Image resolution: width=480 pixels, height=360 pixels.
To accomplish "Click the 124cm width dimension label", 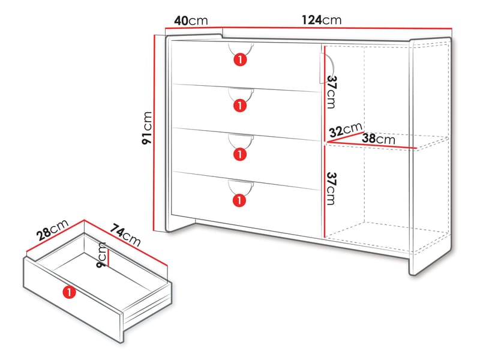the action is point(322,20).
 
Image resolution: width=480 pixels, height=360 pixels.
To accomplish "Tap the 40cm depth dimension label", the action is point(191,21).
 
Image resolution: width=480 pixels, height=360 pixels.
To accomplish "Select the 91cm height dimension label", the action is point(147,128).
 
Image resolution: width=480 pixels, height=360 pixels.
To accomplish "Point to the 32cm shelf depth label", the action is point(346,130).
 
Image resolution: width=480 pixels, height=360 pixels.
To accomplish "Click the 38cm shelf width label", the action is point(379,139).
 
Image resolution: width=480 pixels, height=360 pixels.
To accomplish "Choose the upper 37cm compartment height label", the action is point(331,92).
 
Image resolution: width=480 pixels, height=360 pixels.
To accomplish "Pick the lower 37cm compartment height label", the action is point(331,188).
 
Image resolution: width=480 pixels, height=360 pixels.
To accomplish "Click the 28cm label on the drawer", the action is point(52,230).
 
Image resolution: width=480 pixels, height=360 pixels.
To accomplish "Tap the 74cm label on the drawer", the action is point(125,235).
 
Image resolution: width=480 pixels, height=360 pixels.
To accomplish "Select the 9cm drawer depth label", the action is point(101,254).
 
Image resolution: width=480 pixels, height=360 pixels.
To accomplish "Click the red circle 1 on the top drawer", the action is point(240,59).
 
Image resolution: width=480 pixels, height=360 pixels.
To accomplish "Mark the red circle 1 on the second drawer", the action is point(240,106).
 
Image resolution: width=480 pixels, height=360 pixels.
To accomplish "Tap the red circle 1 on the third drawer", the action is point(240,154).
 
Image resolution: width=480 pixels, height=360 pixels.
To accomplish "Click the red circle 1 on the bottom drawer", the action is point(239,200).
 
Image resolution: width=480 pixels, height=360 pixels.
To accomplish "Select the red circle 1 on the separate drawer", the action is point(69,292).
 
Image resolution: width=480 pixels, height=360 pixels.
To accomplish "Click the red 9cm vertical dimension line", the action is point(109,256).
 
